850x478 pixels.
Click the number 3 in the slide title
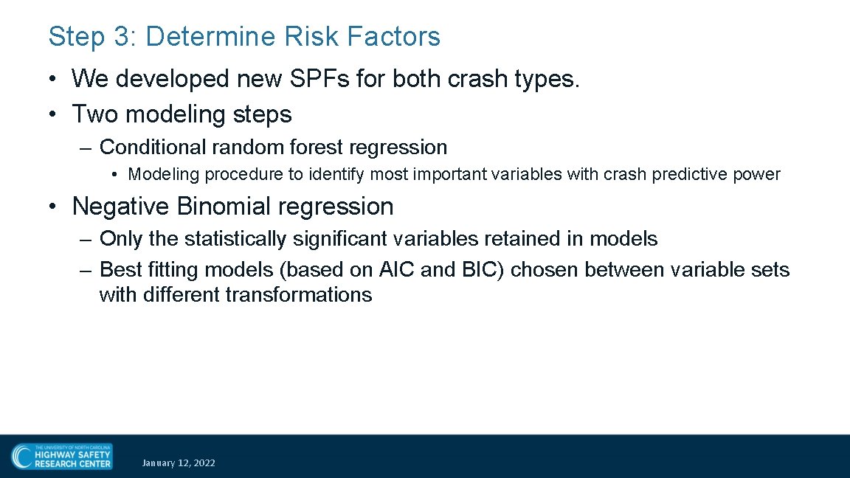coord(122,36)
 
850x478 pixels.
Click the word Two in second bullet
coord(95,114)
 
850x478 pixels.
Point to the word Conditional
coord(153,148)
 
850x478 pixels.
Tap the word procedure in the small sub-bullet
coord(238,175)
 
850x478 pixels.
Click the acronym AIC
coord(397,270)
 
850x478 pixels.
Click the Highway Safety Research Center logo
coord(61,456)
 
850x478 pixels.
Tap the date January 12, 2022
coord(179,463)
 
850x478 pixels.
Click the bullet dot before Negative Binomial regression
coord(55,207)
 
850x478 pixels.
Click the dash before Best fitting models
coord(86,270)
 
